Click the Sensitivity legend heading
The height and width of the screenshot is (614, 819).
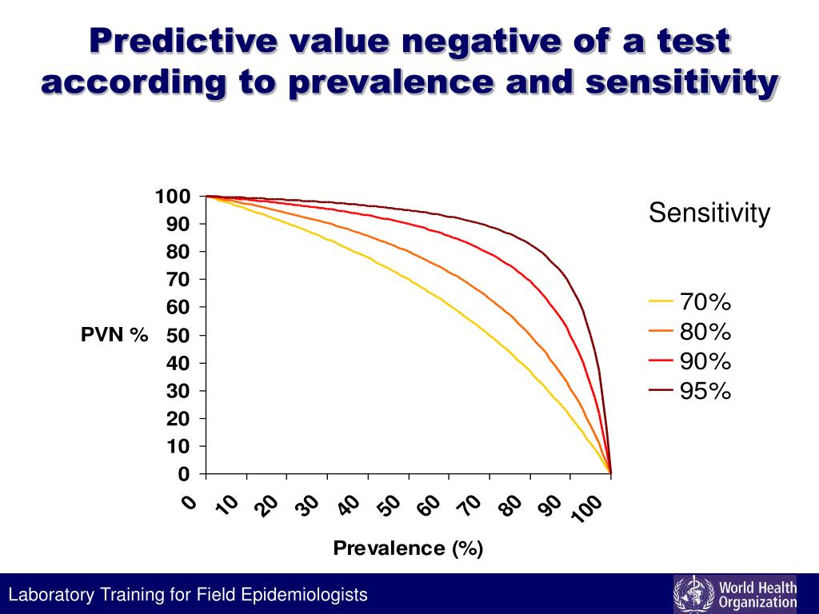pyautogui.click(x=709, y=213)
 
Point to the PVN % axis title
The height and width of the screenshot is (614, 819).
pyautogui.click(x=114, y=336)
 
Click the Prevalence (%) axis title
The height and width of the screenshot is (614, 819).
pyautogui.click(x=408, y=548)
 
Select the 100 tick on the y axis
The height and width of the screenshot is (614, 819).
pyautogui.click(x=173, y=197)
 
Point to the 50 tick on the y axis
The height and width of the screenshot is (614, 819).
pyautogui.click(x=178, y=336)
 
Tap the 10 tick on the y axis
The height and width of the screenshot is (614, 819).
pyautogui.click(x=178, y=446)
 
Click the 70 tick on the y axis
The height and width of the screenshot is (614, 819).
pyautogui.click(x=178, y=280)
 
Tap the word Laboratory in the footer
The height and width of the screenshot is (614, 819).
pyautogui.click(x=49, y=595)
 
